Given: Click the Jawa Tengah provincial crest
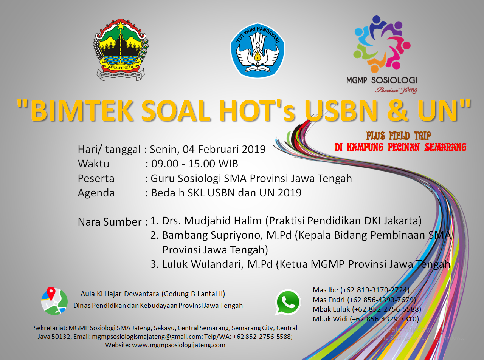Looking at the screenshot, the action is [121, 50].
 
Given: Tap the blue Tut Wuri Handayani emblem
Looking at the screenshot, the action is [258, 50].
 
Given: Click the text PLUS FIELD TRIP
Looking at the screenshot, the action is [399, 136].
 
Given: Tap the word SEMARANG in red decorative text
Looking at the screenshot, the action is [445, 147].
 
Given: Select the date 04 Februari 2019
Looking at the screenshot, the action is [224, 150].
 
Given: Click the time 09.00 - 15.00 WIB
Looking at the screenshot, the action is [195, 164].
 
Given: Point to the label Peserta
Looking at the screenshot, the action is [96, 178].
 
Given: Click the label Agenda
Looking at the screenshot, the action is [96, 193].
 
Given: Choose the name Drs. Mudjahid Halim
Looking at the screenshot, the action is [212, 221].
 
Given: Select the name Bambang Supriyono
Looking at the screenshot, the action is [213, 235].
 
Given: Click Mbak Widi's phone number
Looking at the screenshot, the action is [385, 319].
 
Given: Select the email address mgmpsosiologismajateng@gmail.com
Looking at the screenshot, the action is [146, 337].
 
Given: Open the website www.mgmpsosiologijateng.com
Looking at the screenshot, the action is [178, 345].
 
